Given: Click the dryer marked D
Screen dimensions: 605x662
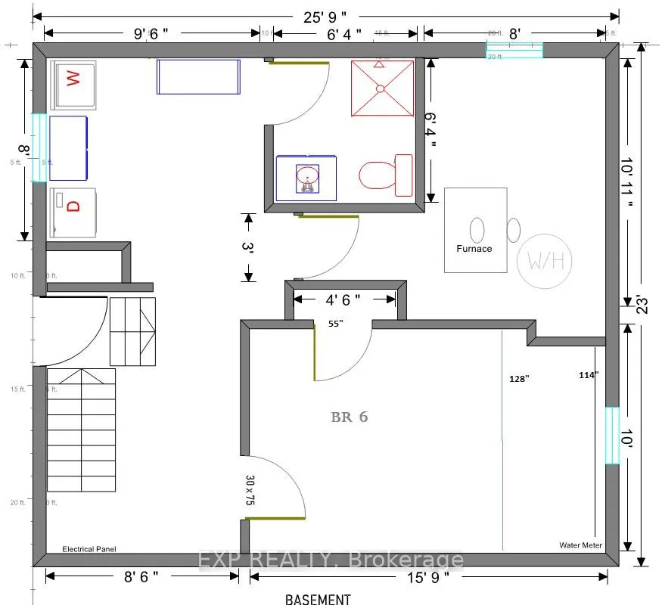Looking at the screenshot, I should pyautogui.click(x=73, y=206).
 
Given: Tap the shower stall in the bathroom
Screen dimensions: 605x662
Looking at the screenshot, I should pyautogui.click(x=382, y=88).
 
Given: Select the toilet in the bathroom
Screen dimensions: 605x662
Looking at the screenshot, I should pyautogui.click(x=384, y=175).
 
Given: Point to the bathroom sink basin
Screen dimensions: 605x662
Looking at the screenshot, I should pyautogui.click(x=306, y=178).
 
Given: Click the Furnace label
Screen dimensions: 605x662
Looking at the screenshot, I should pyautogui.click(x=474, y=248).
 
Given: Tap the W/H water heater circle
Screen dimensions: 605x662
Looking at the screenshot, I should pyautogui.click(x=545, y=262).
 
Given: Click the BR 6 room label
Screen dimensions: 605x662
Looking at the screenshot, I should pyautogui.click(x=349, y=417).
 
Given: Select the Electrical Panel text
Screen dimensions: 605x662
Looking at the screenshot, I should pyautogui.click(x=89, y=549).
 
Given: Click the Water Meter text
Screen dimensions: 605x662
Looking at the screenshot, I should pyautogui.click(x=580, y=544).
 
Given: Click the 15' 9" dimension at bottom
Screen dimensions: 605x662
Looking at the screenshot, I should pyautogui.click(x=425, y=577).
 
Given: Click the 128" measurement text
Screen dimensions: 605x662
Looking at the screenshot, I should pyautogui.click(x=519, y=379).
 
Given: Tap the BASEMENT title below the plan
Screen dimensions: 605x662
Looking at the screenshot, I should pyautogui.click(x=318, y=599).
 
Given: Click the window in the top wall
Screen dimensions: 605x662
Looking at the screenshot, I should pyautogui.click(x=514, y=50).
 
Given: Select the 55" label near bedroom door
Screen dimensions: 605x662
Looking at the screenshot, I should pyautogui.click(x=335, y=323).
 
